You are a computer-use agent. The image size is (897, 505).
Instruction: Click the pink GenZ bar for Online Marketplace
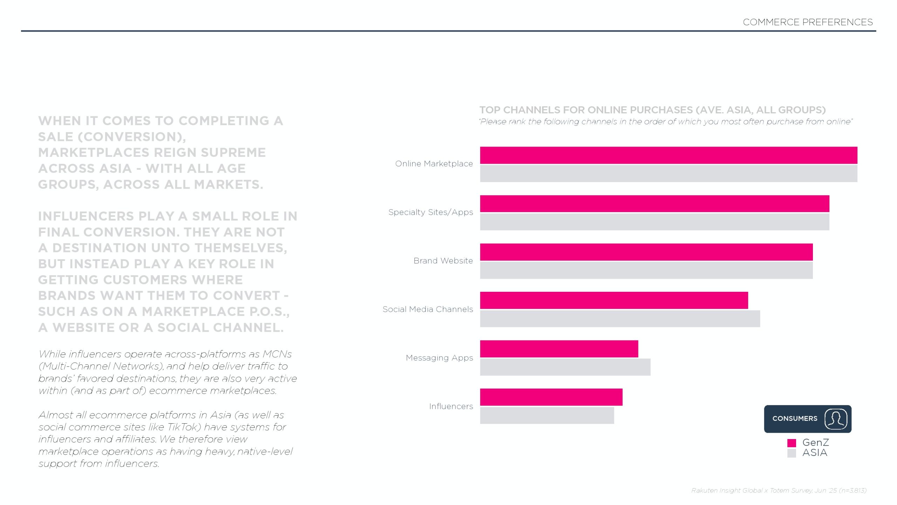pos(669,155)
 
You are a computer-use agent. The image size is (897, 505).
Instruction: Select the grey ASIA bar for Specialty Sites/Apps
pos(655,222)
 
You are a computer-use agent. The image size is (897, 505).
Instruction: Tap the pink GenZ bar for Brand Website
pos(646,252)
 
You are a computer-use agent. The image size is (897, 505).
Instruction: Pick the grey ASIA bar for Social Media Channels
pos(620,319)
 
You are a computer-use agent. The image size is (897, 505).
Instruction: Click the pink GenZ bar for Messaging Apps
pos(559,349)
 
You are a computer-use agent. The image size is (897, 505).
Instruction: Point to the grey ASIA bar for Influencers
pos(547,416)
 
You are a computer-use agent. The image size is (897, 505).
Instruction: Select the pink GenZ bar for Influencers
pos(551,397)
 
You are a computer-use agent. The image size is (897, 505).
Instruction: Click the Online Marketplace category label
pos(434,164)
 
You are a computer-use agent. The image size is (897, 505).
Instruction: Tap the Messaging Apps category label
pos(439,358)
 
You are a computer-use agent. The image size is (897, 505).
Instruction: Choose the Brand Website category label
pos(443,261)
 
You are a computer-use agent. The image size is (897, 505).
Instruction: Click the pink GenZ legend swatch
pos(792,443)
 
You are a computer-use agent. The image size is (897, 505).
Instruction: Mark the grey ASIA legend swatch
pos(792,453)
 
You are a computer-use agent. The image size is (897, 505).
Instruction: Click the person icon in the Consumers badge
pos(836,419)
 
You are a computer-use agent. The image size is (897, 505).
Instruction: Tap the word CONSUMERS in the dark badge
pos(795,419)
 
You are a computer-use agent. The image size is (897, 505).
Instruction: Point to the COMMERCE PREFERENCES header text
pos(808,22)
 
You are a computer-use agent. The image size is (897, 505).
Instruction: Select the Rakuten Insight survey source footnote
pos(779,490)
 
